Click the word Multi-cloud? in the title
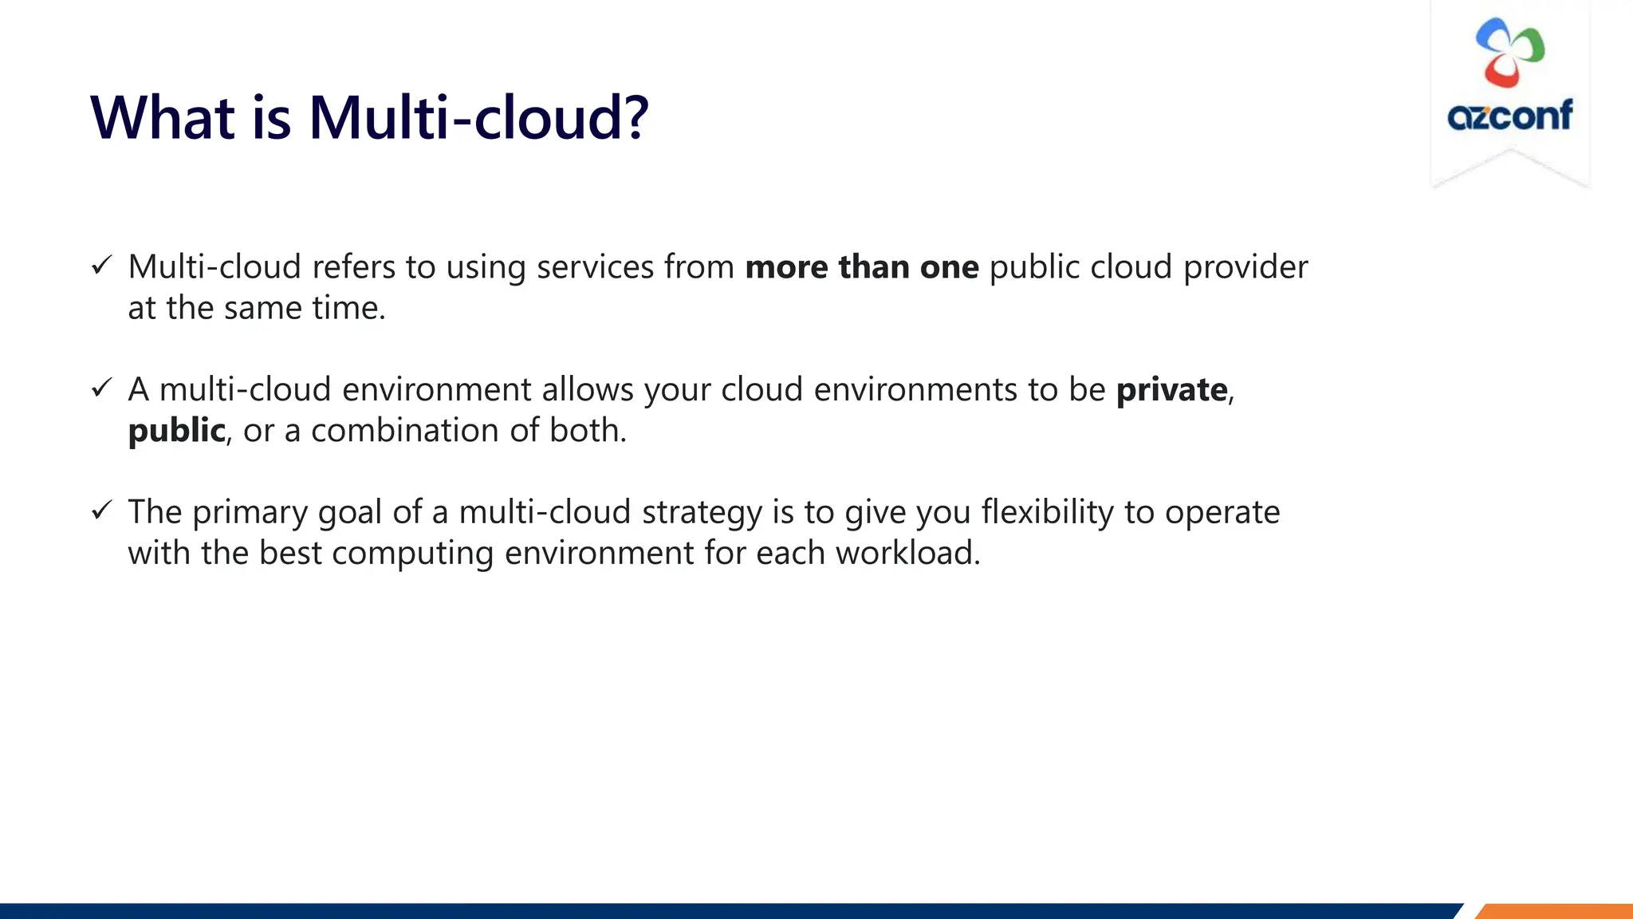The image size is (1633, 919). pos(478,118)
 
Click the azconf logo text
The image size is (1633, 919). pos(1509,115)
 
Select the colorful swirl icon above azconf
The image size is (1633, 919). pos(1509,52)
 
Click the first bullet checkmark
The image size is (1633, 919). pos(101,266)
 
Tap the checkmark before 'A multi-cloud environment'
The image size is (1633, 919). pos(101,389)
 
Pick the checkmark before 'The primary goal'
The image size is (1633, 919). pos(101,511)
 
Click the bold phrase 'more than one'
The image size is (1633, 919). pos(862,267)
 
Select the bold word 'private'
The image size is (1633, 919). pos(1171,390)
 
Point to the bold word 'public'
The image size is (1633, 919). pos(176,431)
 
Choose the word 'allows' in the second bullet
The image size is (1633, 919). pos(588,389)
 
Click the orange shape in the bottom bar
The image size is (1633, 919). pos(1555,911)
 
